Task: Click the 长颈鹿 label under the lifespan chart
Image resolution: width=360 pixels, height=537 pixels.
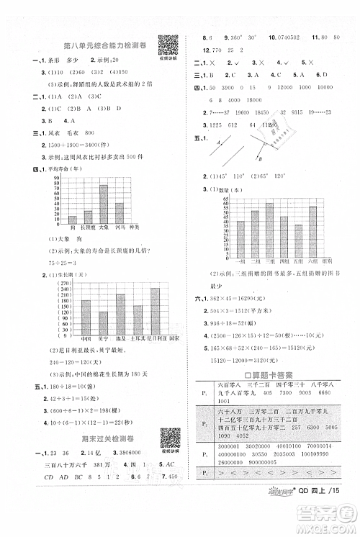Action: tap(88, 227)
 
